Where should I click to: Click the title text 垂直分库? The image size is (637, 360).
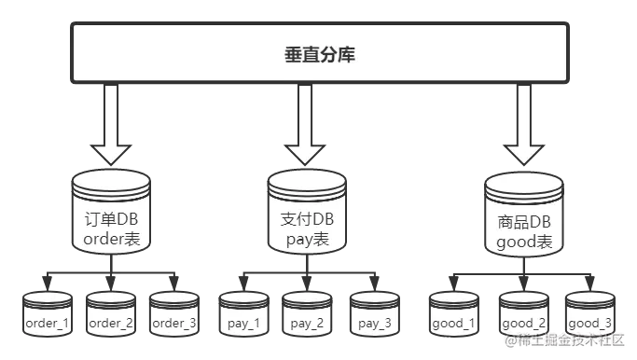319,55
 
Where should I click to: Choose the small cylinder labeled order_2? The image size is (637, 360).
111,317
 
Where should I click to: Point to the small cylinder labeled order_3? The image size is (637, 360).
174,317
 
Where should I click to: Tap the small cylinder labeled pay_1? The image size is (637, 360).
243,317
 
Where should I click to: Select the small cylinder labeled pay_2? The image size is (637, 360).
307,317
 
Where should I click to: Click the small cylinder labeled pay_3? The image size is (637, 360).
374,317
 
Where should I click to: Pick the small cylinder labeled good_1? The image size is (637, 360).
453,317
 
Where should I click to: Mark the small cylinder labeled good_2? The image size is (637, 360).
523,317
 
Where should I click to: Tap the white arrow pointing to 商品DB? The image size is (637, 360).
523,126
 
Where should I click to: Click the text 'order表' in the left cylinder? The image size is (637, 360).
111,239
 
